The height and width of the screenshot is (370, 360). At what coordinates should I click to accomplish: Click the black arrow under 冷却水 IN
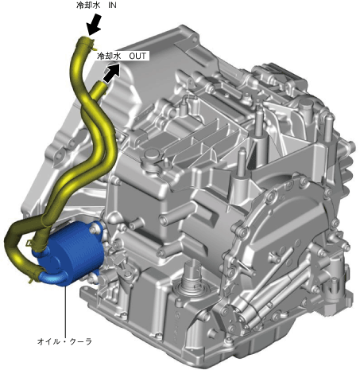[95, 25]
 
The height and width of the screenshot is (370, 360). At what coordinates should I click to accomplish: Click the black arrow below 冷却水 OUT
[111, 73]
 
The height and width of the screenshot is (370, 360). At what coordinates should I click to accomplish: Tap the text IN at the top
[112, 6]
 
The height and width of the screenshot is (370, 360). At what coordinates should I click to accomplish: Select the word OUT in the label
[137, 56]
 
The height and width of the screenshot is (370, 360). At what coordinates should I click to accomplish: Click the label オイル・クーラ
[64, 341]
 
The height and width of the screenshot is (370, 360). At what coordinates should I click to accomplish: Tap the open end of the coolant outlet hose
[101, 85]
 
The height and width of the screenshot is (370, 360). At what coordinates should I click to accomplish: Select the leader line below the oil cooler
[65, 311]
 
